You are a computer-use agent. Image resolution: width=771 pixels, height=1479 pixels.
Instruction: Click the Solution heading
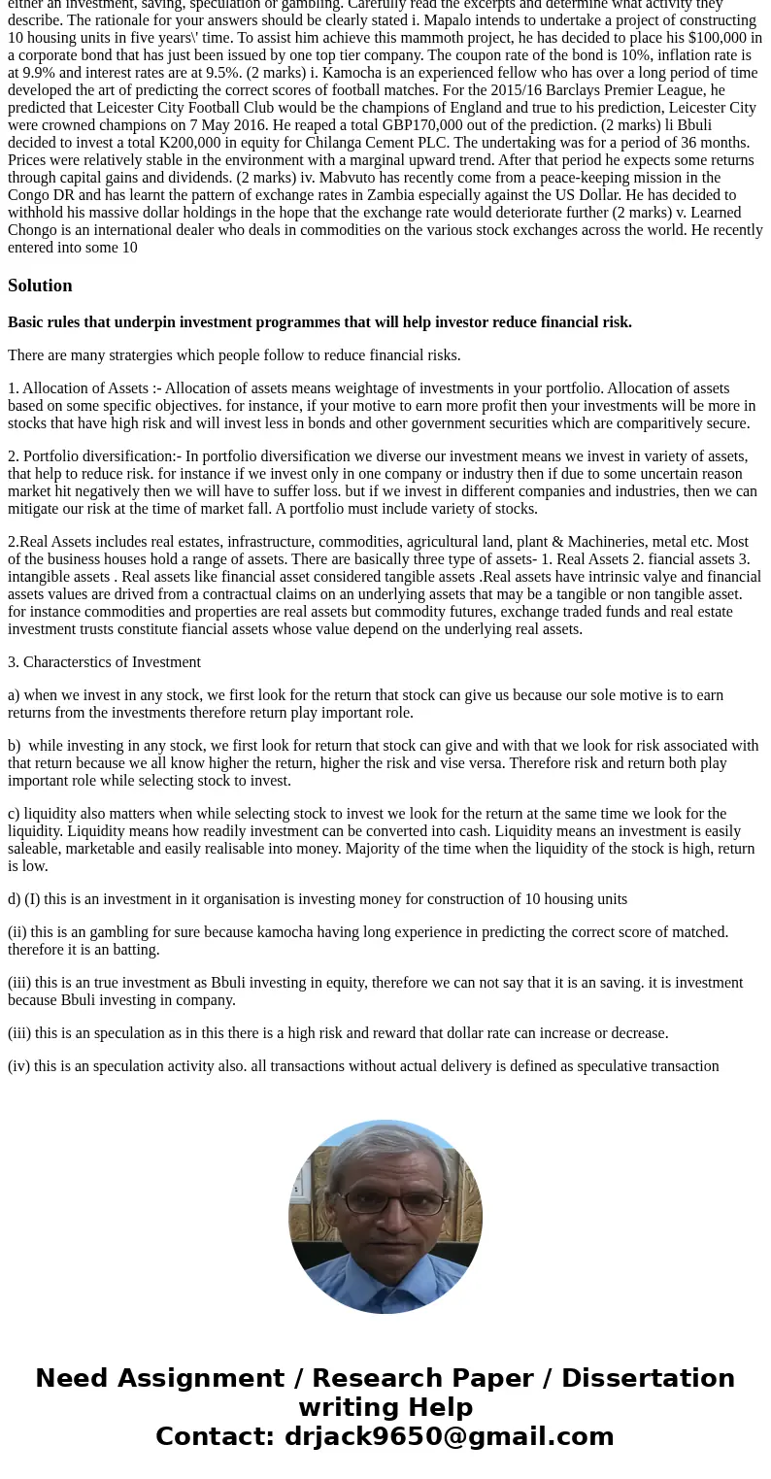[40, 286]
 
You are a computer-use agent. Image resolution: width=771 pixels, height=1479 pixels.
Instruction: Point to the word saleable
[35, 849]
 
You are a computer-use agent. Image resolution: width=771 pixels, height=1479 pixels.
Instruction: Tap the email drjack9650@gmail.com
[449, 1437]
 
